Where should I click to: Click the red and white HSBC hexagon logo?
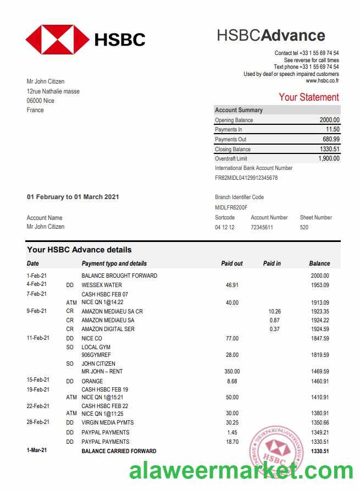point(57,39)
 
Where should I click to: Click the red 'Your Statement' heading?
point(308,97)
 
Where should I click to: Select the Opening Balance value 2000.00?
point(329,120)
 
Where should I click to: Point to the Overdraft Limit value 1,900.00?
point(329,158)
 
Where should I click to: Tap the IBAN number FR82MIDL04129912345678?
point(246,178)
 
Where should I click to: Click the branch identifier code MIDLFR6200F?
point(231,207)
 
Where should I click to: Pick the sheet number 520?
point(304,227)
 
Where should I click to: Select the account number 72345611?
point(262,227)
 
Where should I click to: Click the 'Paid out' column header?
point(231,263)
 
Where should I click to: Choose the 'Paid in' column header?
point(272,263)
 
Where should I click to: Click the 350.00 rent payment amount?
point(232,372)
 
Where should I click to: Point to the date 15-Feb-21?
point(38,380)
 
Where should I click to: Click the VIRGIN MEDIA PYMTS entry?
point(108,422)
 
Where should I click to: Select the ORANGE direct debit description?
point(92,381)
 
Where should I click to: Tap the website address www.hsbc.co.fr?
point(322,81)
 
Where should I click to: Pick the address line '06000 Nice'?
point(41,101)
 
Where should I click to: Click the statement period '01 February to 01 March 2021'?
point(73,197)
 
